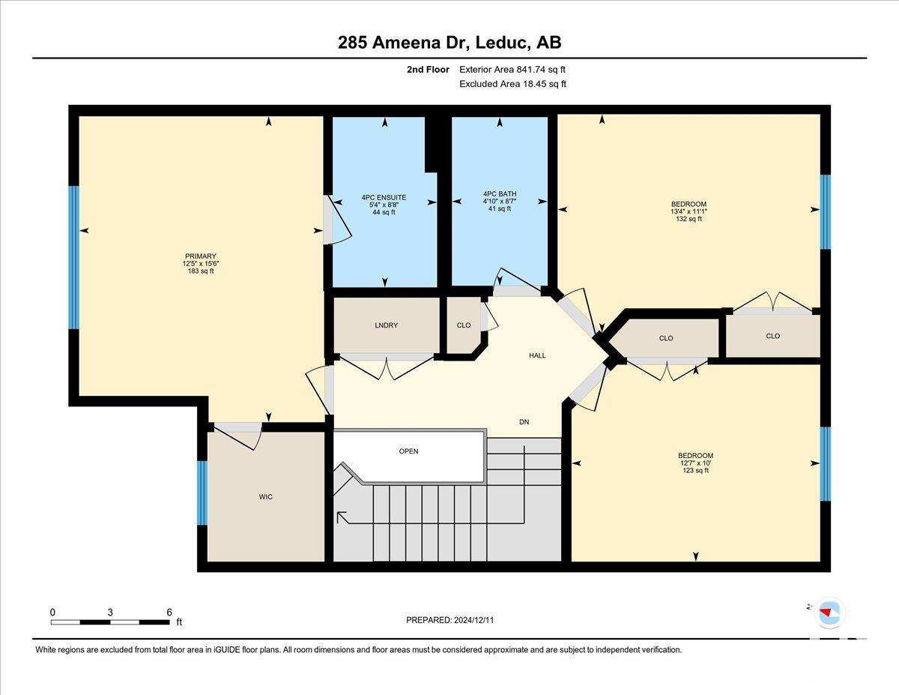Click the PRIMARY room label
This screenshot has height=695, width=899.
coord(201,256)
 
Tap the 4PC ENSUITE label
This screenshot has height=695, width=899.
coord(384,198)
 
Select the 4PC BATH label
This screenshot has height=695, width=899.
coord(500,193)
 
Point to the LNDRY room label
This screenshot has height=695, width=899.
coord(387,325)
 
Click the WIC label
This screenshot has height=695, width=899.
coord(266,497)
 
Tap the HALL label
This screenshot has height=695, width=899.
coord(537,355)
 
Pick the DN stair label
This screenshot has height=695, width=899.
coord(524,422)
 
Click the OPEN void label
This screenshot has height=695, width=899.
coord(409,451)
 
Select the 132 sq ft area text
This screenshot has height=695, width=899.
coord(688,219)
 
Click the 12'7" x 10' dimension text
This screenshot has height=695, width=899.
coord(695,463)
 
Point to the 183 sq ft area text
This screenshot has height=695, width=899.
coord(201,271)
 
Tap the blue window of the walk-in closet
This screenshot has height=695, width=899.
coord(202,493)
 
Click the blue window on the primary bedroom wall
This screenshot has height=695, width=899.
coord(73,257)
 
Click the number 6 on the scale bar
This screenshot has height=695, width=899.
coord(169,613)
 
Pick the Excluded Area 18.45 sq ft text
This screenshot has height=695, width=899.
coord(512,84)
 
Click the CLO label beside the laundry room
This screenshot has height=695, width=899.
coord(464,325)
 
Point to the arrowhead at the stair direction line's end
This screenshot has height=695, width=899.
coord(340,515)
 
